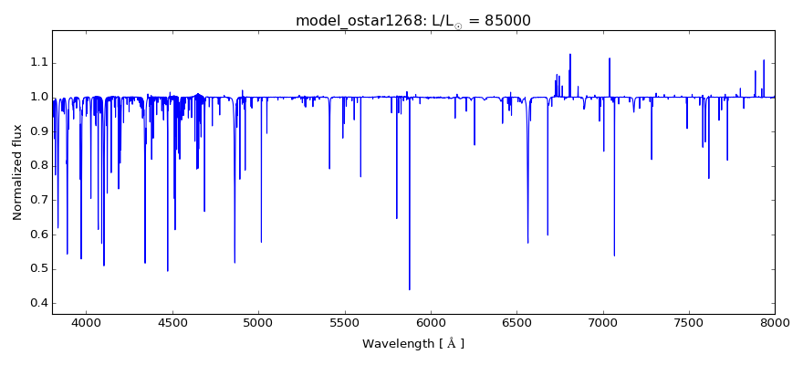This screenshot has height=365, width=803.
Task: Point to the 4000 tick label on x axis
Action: tap(86, 322)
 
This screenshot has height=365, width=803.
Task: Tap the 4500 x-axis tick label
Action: tap(172, 322)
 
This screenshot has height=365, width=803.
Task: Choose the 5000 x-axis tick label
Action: tap(258, 322)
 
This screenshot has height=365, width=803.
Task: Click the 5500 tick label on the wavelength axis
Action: tap(344, 322)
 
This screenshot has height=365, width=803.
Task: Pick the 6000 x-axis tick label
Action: tap(431, 322)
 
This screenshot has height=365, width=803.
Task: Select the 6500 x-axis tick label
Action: tap(516, 322)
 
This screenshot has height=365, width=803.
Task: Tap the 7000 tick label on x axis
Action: tap(602, 322)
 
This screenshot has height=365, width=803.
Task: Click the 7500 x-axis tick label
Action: tap(689, 322)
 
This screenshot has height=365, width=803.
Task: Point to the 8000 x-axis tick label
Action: tap(775, 322)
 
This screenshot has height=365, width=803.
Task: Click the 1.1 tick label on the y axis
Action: tap(37, 62)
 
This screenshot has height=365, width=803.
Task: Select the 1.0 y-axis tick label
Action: tap(37, 97)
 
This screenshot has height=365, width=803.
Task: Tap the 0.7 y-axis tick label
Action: tap(37, 200)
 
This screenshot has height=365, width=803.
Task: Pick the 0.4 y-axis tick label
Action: tap(37, 303)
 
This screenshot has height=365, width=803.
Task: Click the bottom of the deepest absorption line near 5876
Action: tap(409, 289)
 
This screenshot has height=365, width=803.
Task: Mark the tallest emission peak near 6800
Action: tap(570, 55)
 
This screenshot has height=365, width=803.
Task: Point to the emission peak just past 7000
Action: tap(610, 59)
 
